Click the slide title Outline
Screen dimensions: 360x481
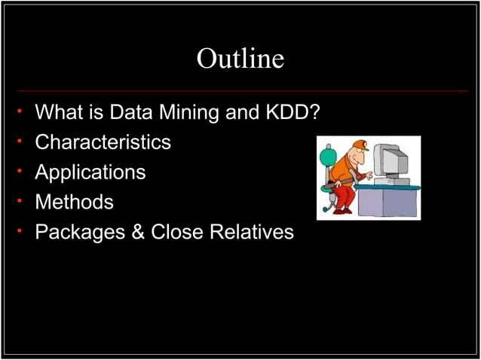[x=240, y=59]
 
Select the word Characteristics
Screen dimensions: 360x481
[x=103, y=142]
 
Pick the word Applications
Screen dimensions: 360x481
[x=90, y=172]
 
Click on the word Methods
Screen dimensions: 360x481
[x=75, y=202]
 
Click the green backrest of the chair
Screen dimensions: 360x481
[x=327, y=157]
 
